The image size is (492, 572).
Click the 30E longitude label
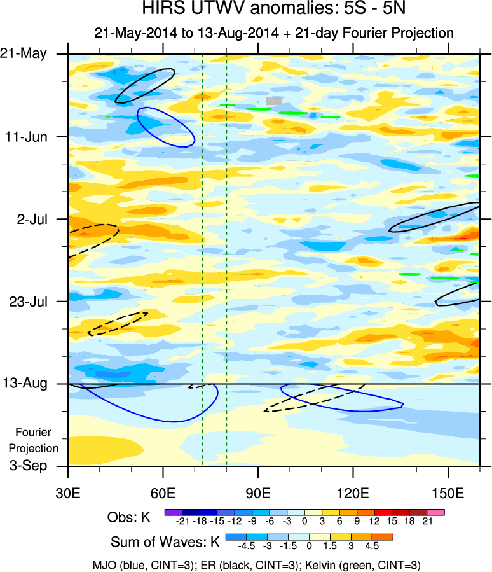coord(68,491)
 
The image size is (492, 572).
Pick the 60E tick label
coord(163,491)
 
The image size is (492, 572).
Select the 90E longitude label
coord(258,491)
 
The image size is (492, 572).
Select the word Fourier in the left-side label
coord(33,433)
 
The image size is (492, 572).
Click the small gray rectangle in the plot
coord(273,101)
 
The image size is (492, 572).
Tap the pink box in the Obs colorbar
coord(436,512)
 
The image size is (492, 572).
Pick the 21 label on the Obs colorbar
coord(427,522)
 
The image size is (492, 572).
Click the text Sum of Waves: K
coord(165,543)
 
